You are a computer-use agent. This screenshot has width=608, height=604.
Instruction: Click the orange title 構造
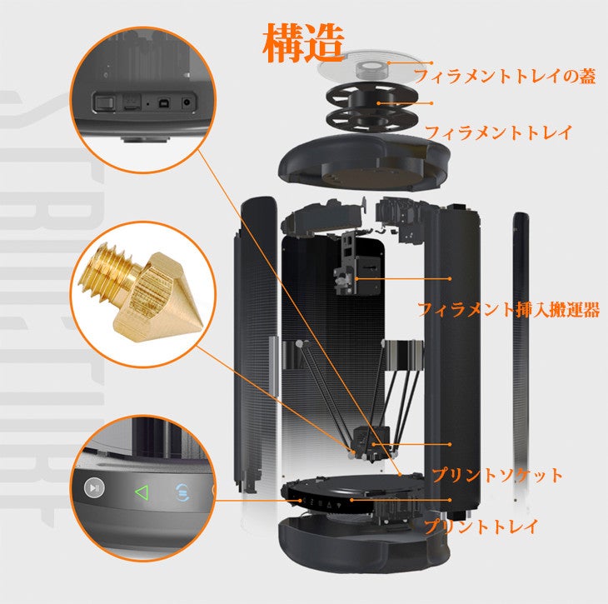(x=303, y=44)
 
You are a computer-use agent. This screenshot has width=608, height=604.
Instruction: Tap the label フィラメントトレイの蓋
(x=505, y=77)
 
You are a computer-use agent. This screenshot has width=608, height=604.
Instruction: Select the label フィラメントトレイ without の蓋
(x=499, y=132)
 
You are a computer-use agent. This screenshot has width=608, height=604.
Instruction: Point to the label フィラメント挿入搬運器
(x=507, y=310)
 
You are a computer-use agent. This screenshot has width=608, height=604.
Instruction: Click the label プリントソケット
(x=496, y=476)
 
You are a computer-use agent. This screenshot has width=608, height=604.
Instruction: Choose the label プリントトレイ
(x=481, y=527)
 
